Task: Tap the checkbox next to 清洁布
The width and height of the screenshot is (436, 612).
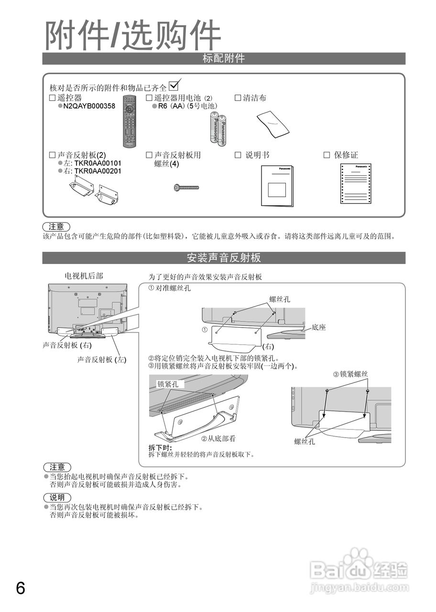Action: click(238, 98)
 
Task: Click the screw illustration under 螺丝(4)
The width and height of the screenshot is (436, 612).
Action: click(186, 187)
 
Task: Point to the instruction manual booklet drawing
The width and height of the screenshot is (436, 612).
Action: click(277, 186)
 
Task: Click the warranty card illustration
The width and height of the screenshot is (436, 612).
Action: click(357, 184)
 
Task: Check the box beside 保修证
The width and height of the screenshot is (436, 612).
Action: click(327, 155)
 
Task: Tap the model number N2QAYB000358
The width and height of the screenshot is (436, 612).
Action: click(89, 106)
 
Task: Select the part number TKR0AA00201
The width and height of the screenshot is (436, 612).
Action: click(98, 171)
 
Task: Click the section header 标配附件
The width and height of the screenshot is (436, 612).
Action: click(224, 59)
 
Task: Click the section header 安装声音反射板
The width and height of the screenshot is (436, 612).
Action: click(224, 258)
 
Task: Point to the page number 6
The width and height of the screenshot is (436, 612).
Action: click(21, 588)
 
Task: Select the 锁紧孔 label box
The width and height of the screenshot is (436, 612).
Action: click(168, 384)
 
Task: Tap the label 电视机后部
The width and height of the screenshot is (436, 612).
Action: click(84, 276)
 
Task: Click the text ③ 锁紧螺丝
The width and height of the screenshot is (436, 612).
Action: click(350, 374)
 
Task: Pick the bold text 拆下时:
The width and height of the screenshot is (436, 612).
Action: click(160, 448)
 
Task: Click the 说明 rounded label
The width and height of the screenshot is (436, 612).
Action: click(57, 498)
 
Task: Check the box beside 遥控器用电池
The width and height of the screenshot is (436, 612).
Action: click(149, 98)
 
